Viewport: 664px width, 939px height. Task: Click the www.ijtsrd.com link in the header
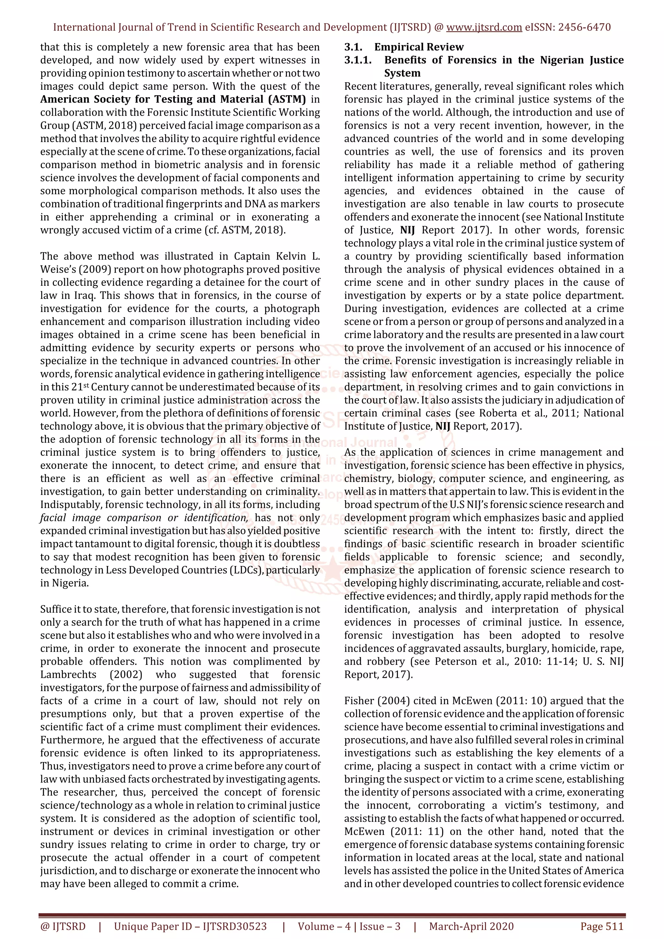484,28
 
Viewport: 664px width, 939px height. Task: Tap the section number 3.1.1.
358,60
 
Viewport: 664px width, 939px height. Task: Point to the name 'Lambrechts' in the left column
68,674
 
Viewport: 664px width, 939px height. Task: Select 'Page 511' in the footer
601,926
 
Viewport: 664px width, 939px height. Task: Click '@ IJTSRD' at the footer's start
63,926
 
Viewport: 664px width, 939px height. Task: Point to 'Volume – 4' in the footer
324,926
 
